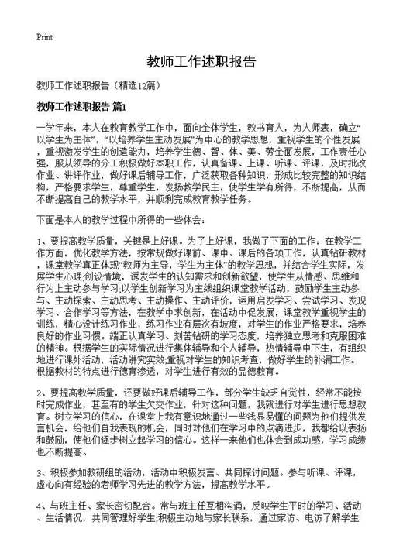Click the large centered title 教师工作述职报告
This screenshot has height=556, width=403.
pyautogui.click(x=201, y=61)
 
